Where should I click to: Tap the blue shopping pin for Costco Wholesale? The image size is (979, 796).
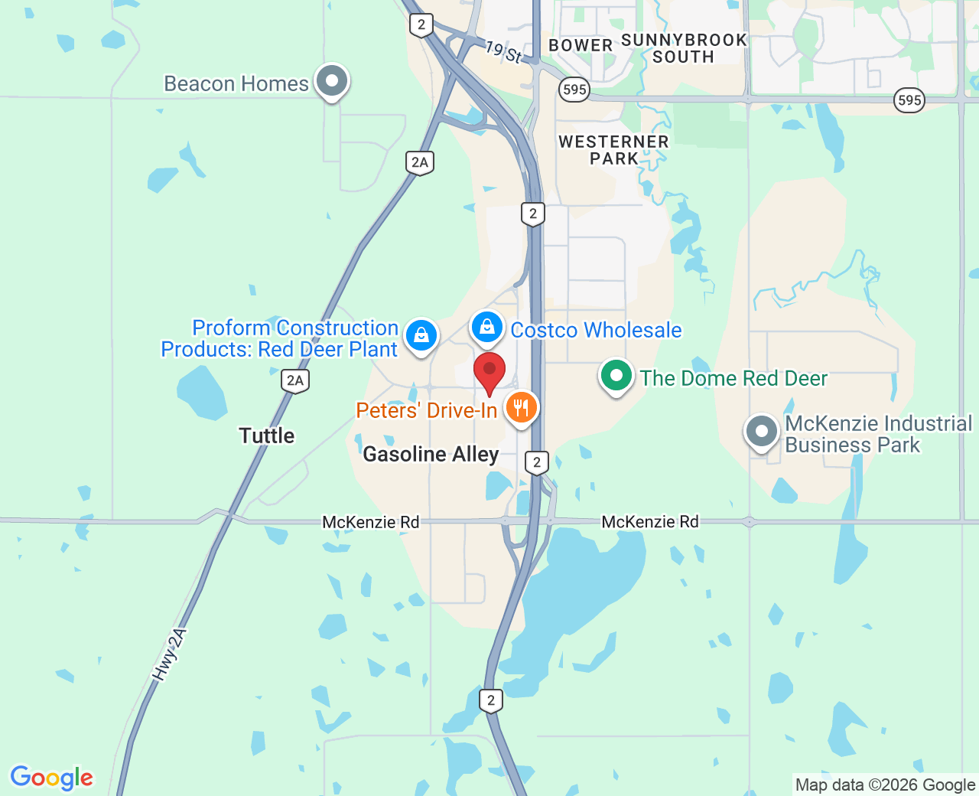click(x=486, y=328)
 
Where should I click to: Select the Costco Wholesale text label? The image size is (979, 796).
click(x=596, y=330)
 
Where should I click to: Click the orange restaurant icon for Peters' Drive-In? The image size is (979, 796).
click(x=521, y=407)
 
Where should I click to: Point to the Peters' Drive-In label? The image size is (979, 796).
click(x=427, y=411)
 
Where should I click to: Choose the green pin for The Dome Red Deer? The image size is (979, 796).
click(x=616, y=376)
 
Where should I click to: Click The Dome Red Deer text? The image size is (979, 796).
click(x=733, y=378)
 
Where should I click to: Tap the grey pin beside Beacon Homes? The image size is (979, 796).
click(x=332, y=81)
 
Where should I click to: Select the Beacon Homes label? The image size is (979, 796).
click(x=236, y=83)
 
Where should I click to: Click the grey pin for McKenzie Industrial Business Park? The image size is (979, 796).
click(x=761, y=432)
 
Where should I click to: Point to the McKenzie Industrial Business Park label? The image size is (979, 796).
click(x=878, y=434)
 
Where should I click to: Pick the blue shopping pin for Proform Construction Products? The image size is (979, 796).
click(x=421, y=335)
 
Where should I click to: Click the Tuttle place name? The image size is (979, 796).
click(x=266, y=436)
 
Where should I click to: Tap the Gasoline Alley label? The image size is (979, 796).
click(x=431, y=454)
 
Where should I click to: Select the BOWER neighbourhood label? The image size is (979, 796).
click(x=581, y=45)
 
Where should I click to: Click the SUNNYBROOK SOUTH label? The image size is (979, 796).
click(x=683, y=48)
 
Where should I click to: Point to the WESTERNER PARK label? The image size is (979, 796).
click(x=613, y=150)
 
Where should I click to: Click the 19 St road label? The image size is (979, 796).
click(x=504, y=52)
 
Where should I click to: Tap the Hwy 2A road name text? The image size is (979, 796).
click(x=169, y=654)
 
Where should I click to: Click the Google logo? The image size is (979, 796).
click(x=52, y=778)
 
